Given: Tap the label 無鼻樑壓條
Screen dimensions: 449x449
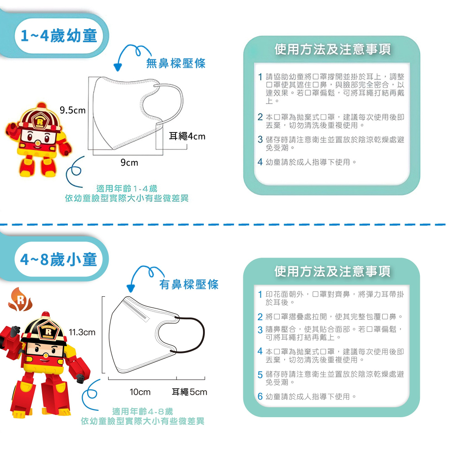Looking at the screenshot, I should point(176,64).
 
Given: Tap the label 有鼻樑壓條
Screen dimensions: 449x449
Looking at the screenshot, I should point(189,284).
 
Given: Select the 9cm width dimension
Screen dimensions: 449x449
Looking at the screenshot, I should point(129,163).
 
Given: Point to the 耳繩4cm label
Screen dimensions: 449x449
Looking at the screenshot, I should point(187,136).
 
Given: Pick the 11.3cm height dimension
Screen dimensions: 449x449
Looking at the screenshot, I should point(82,332).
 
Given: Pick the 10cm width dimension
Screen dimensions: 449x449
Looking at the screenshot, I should point(140,392).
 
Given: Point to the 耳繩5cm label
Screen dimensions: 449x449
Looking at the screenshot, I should point(189,392).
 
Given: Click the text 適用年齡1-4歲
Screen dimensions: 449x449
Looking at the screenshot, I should point(127,189).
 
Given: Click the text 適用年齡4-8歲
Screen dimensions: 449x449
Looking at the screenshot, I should point(142,411).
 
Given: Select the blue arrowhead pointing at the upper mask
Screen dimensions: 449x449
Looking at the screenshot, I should point(118,68).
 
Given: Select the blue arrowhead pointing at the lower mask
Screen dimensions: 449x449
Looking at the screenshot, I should point(131,288).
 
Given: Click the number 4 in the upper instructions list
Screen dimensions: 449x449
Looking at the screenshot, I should point(260,162).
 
